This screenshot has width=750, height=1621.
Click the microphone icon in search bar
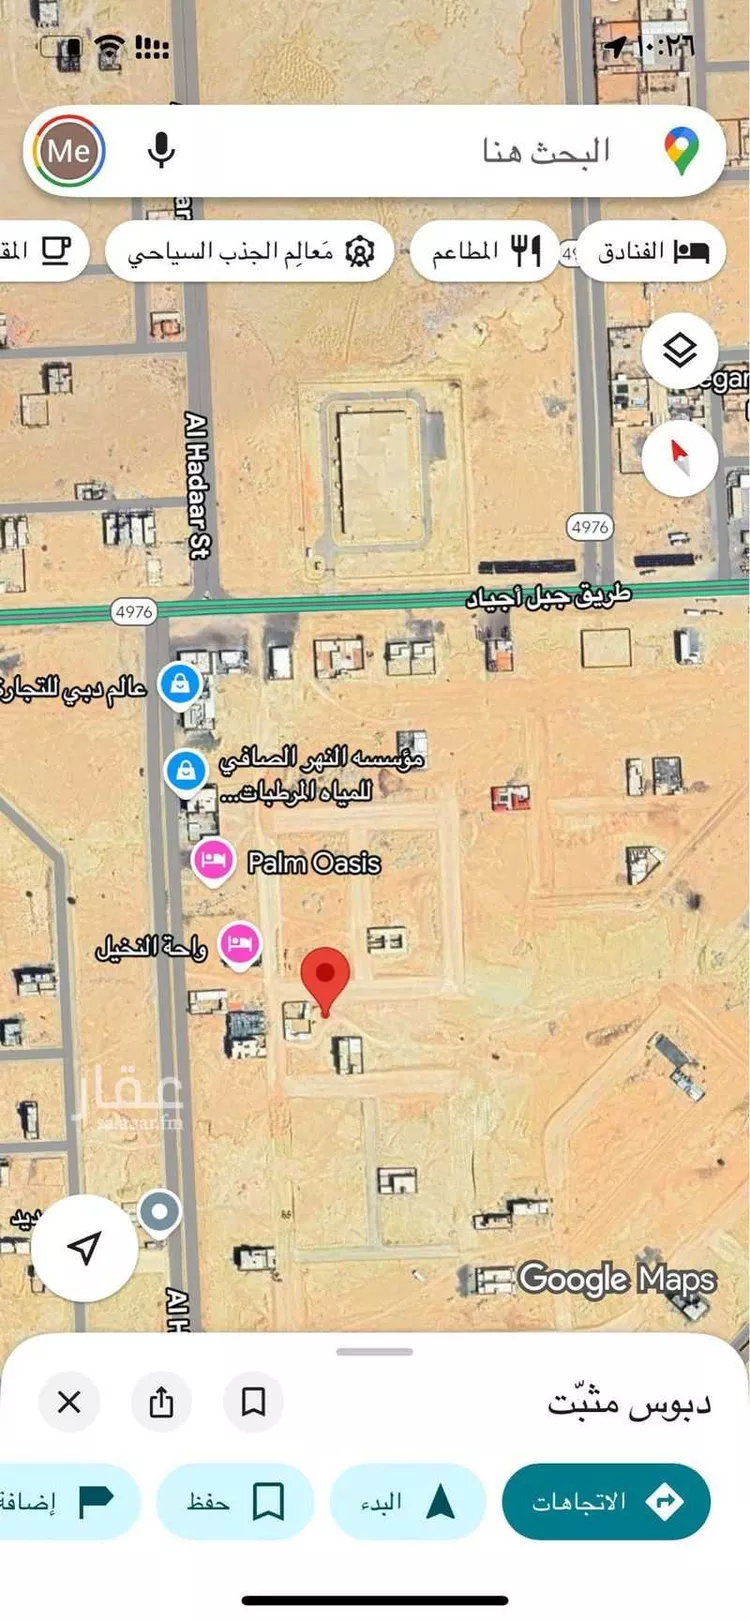[x=161, y=151]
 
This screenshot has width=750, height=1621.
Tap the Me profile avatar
[x=69, y=152]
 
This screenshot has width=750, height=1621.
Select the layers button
[x=680, y=351]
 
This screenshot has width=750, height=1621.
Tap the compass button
[x=680, y=458]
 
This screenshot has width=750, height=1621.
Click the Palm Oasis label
[x=314, y=863]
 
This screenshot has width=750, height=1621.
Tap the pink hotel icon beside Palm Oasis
[x=212, y=860]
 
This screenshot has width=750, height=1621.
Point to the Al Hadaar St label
[x=198, y=484]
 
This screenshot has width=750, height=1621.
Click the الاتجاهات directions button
[x=606, y=1501]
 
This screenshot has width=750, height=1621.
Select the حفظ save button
[x=235, y=1501]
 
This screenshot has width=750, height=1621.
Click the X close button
[x=69, y=1402]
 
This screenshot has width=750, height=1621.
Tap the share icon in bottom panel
[x=161, y=1402]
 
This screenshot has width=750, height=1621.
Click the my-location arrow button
[x=85, y=1247]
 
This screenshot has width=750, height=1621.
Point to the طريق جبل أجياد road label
[x=549, y=596]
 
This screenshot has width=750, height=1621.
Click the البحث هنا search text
[x=546, y=151]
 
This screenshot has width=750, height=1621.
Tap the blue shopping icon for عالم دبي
[x=180, y=684]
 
